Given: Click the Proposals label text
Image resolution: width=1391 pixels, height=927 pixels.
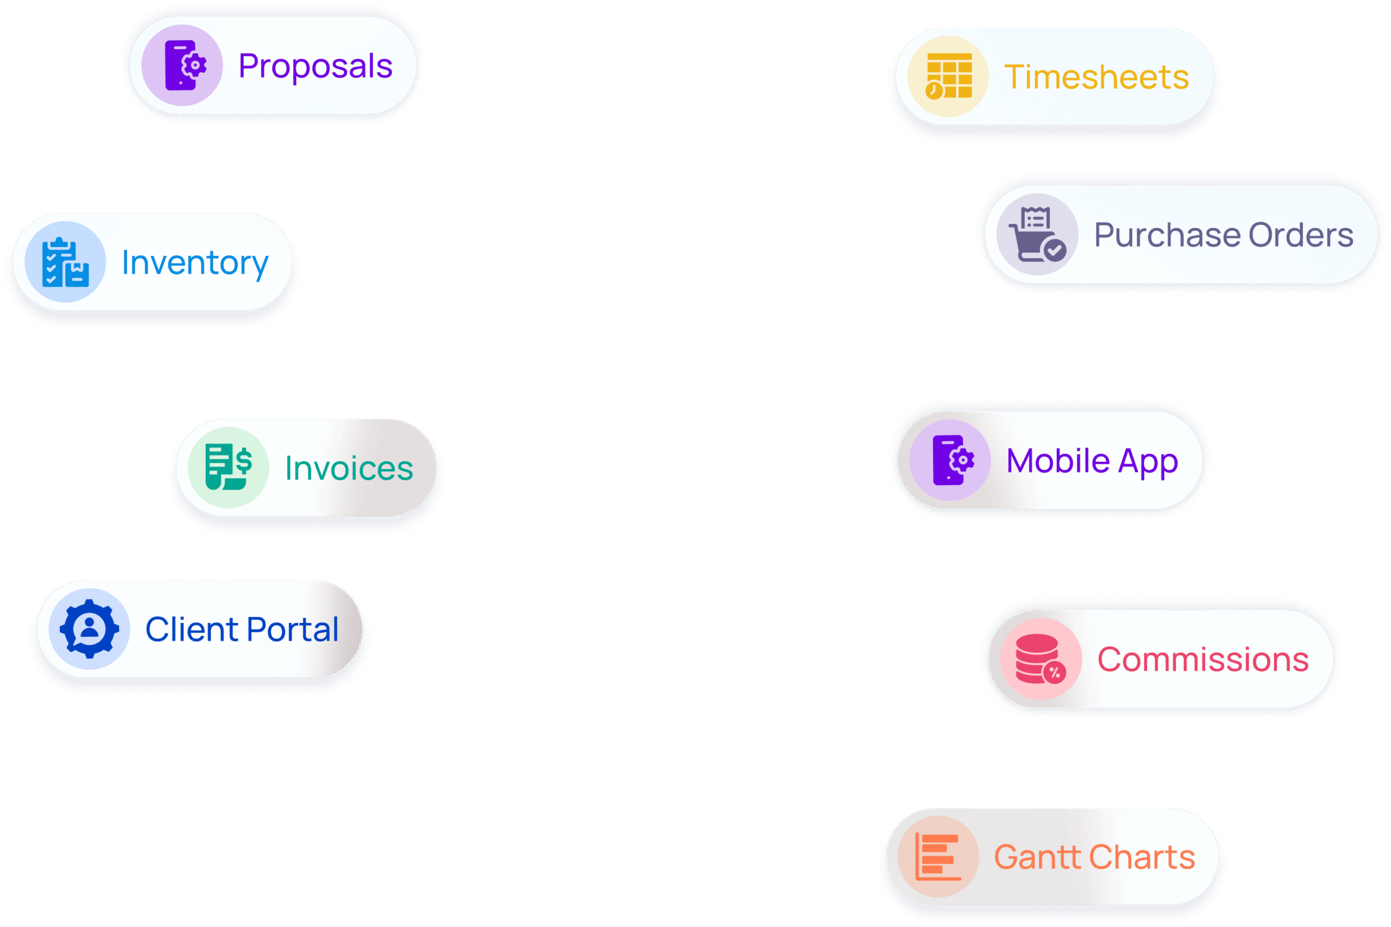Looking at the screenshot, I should point(315,66).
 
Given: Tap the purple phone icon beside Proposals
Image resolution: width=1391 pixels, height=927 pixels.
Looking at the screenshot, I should point(182,65).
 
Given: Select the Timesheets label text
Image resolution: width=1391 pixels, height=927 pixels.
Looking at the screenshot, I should point(1096,77).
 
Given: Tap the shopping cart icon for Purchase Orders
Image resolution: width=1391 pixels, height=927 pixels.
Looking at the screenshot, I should point(1037,235).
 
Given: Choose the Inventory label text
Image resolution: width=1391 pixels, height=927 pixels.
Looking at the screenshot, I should point(195,262).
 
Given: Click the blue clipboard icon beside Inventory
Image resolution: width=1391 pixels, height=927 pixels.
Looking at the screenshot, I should point(65,262).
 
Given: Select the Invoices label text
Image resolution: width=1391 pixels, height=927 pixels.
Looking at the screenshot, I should point(349,468).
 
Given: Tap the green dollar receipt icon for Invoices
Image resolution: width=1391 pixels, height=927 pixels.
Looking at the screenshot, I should point(228,468).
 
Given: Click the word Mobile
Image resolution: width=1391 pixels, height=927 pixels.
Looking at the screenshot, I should point(1057,461).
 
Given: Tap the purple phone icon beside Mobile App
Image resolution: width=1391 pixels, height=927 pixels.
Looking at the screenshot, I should point(950,460).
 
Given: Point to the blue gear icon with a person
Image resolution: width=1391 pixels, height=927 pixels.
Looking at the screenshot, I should point(89,629).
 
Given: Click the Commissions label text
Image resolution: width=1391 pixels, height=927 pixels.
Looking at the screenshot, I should point(1203,659).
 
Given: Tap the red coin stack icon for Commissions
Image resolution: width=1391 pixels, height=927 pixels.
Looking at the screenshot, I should point(1041,659).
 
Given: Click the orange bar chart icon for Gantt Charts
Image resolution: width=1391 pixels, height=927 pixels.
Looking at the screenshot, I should point(938,856).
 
